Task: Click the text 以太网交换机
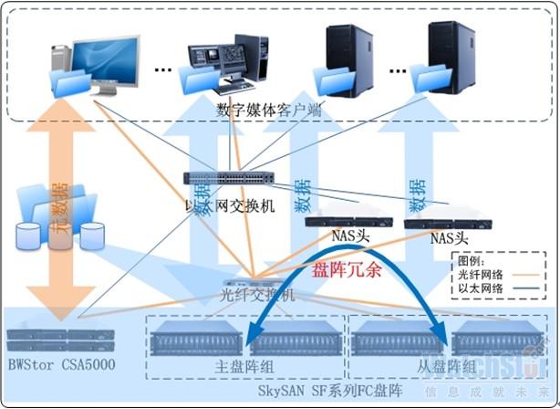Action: pos(229,206)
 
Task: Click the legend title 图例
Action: pos(472,259)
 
